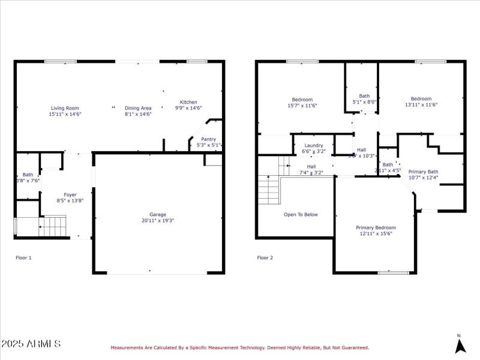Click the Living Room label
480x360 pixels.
[x=65, y=108]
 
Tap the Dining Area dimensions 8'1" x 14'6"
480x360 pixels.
[x=138, y=114]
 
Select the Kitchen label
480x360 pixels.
[x=188, y=102]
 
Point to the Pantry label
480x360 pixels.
[x=208, y=139]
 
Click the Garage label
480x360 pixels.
[x=158, y=214]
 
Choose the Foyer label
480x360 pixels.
[x=70, y=194]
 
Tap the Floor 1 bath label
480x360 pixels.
[x=28, y=175]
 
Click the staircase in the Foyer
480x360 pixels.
[x=52, y=227]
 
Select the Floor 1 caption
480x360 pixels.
[x=23, y=257]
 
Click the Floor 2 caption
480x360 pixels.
[x=265, y=257]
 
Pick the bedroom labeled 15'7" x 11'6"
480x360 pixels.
[x=302, y=100]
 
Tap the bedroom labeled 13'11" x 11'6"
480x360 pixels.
[x=421, y=99]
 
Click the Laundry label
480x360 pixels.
[x=314, y=145]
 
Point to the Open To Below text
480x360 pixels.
[x=301, y=214]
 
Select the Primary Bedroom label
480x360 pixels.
[x=376, y=227]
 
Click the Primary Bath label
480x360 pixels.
[x=423, y=172]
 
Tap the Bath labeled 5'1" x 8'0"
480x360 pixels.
[x=364, y=96]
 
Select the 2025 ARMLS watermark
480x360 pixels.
[x=31, y=344]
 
